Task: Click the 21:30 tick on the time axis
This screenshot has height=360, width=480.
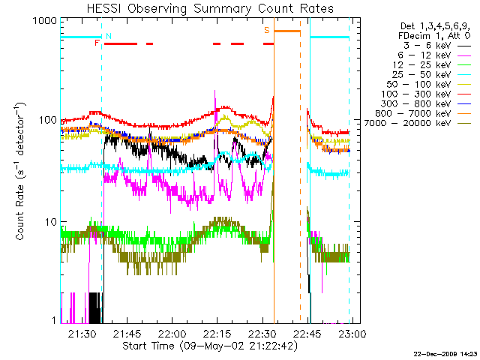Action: click(82, 333)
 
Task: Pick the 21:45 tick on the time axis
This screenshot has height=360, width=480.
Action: click(126, 333)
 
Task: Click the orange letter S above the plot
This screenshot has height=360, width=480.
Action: click(267, 30)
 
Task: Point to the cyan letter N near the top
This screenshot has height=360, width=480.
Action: click(109, 36)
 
